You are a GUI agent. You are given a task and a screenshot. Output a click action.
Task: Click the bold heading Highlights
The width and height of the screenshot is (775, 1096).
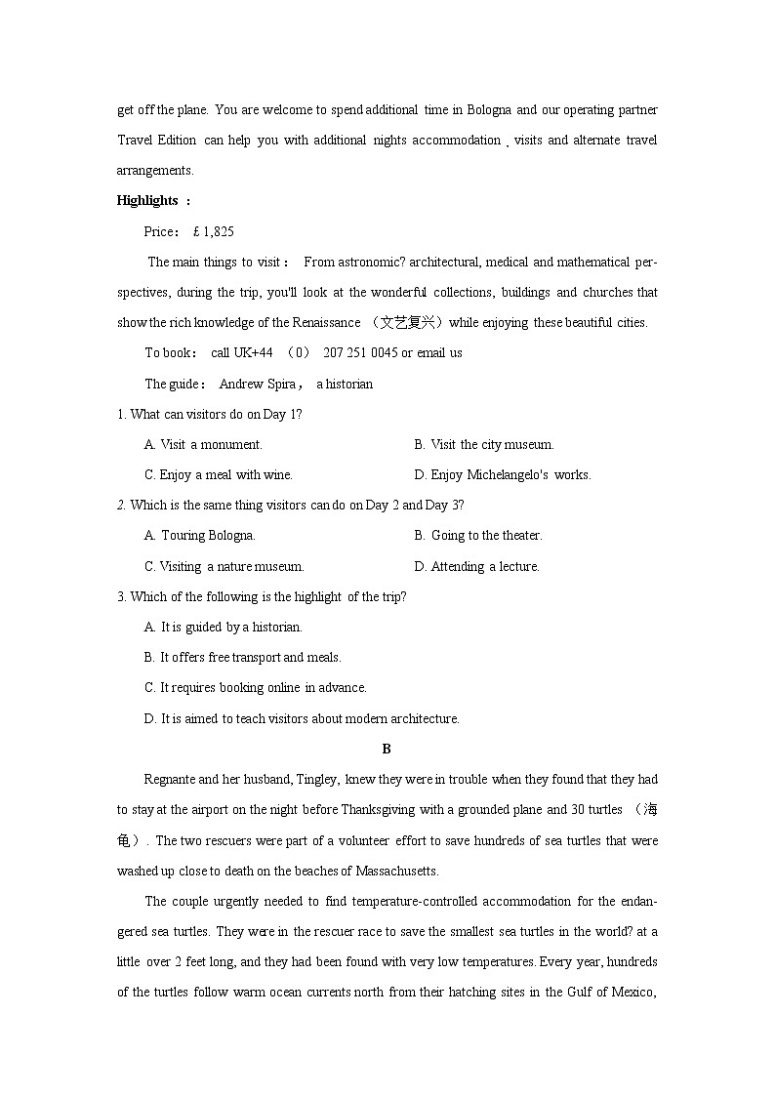[x=147, y=201]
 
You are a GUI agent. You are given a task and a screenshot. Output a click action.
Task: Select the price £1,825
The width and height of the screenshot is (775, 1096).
[x=213, y=231]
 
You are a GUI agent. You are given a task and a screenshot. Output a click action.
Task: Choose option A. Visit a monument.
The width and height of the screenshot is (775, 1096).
[x=203, y=445]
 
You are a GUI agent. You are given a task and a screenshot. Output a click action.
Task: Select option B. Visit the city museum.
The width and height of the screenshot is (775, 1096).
[x=483, y=445]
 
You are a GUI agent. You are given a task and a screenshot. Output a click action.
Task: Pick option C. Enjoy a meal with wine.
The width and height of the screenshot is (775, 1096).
[x=218, y=475]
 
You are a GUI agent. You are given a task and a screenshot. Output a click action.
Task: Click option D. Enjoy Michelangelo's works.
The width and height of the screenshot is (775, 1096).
[x=502, y=475]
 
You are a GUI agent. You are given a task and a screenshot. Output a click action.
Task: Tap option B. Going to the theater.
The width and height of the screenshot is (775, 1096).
[x=477, y=536]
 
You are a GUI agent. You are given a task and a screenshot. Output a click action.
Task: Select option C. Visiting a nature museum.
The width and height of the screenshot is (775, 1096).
[x=224, y=567]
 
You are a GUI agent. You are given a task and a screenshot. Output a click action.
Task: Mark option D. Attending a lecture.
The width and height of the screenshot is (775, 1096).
[x=476, y=567]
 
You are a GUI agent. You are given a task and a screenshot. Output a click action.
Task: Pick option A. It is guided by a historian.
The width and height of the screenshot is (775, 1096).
[x=223, y=628]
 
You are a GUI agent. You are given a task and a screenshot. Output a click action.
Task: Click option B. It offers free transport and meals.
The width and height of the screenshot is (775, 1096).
[x=242, y=658]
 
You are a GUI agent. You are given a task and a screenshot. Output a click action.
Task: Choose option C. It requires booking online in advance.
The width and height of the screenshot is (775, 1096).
[x=255, y=688]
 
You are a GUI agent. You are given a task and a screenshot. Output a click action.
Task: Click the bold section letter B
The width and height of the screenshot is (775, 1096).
[x=387, y=750]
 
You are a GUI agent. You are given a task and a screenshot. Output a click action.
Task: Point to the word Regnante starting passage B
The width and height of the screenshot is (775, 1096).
[x=170, y=780]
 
